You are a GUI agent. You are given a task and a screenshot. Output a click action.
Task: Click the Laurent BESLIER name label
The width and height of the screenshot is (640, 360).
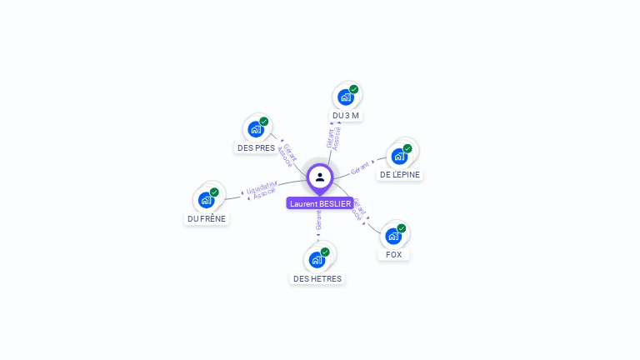point(320,203)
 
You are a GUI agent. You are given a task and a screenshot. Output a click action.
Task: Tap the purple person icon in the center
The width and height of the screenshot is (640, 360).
point(320,177)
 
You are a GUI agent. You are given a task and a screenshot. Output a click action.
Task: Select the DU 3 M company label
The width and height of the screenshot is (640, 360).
point(345,116)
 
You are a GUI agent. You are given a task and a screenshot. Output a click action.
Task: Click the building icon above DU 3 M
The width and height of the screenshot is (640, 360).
point(346,97)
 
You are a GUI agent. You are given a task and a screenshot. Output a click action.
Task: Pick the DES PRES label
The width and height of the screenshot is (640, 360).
point(256,147)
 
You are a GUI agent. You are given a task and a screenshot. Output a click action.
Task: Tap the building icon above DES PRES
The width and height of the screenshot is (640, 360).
point(256,129)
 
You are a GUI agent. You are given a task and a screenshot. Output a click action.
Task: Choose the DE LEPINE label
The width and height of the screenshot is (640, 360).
point(400,174)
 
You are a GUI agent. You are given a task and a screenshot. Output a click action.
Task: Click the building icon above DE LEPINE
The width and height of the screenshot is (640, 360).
point(400,156)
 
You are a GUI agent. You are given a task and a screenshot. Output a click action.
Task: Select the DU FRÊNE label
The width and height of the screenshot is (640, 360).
point(207,218)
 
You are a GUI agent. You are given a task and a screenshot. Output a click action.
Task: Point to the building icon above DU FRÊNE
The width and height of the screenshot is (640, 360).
point(207,200)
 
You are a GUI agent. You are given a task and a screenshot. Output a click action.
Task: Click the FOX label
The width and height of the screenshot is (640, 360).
point(394,254)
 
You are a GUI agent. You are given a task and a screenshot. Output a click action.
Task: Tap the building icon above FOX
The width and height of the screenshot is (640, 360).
point(393,236)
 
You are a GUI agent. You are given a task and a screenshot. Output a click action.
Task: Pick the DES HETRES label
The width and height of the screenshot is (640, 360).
point(317,278)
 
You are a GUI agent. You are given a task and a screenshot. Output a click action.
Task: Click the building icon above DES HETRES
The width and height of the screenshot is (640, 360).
point(317,259)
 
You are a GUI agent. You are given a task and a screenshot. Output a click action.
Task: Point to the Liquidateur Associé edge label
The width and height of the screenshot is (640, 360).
point(263,191)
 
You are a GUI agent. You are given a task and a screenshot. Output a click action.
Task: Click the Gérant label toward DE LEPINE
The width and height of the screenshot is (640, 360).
point(360,167)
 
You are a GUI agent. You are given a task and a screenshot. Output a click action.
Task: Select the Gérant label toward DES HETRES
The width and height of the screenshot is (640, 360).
point(318,221)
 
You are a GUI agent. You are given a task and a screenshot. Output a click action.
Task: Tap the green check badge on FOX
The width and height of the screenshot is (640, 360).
point(402,228)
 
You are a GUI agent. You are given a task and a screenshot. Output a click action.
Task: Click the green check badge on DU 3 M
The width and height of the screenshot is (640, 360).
point(354,89)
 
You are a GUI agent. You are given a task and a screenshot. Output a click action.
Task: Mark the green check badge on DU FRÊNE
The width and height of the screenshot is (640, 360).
point(214,192)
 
